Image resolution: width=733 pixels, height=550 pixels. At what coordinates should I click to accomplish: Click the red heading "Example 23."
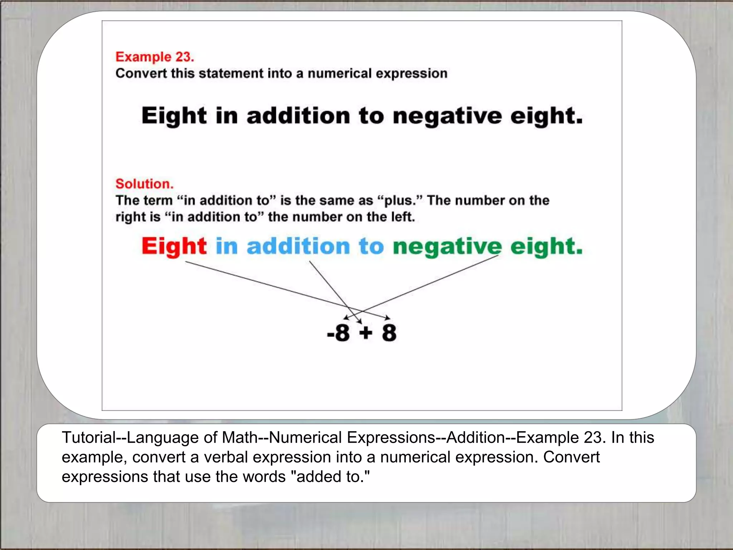coord(155,57)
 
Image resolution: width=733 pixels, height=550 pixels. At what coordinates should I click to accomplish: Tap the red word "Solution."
coord(144,184)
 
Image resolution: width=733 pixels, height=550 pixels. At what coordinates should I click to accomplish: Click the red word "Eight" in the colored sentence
coord(174,246)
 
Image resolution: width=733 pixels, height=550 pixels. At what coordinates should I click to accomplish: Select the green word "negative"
coord(447,246)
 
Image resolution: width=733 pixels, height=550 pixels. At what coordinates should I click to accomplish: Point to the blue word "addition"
coord(298,246)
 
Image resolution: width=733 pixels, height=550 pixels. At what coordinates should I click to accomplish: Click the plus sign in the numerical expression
coord(366,333)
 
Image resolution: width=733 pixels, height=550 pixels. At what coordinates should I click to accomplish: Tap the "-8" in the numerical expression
coord(338,333)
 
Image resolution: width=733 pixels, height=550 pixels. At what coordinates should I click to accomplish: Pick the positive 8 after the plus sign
coord(389,333)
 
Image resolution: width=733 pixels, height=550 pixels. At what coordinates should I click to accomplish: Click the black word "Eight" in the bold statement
coord(174,116)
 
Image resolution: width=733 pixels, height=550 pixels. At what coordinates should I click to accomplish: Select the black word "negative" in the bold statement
coord(447,116)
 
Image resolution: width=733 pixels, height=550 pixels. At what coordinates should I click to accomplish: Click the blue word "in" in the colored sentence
coord(227,246)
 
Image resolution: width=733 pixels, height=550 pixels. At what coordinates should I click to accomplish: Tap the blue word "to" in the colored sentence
coord(371,246)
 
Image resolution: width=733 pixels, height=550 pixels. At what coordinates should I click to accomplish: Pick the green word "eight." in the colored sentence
coord(546,246)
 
